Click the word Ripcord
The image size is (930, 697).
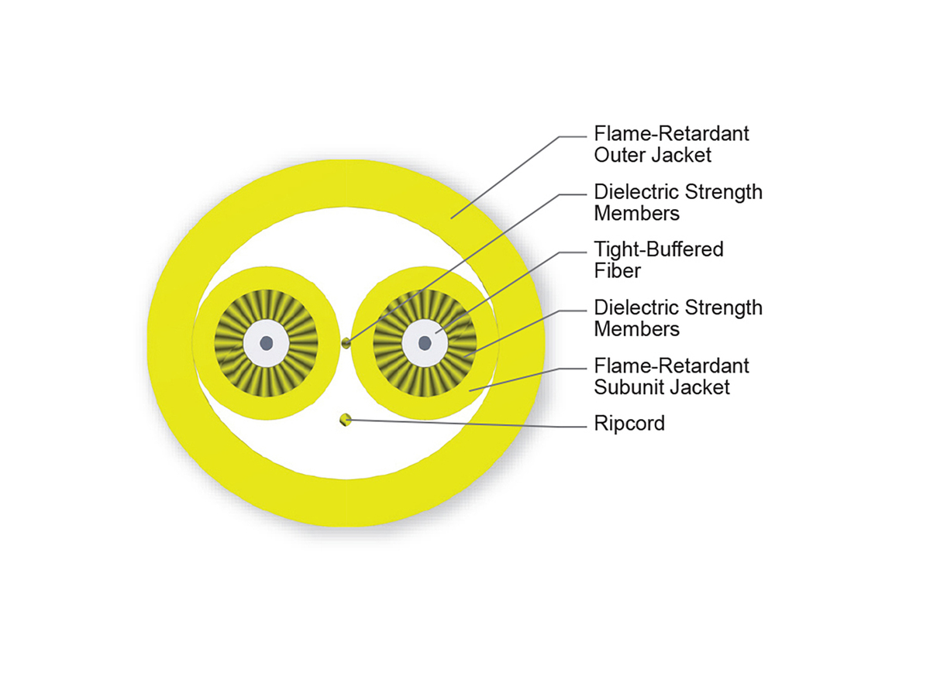coord(629,424)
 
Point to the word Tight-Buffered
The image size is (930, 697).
coord(658,249)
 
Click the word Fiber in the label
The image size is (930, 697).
coord(617,270)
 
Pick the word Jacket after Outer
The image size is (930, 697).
coord(682,154)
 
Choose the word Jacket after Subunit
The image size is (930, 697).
coord(701,386)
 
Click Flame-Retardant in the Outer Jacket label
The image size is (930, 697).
coord(671,133)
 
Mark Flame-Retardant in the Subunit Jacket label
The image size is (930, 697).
coord(671,365)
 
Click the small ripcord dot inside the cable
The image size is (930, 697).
coord(346,420)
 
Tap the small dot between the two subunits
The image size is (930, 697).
coord(346,342)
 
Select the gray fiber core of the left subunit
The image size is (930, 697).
coord(266,342)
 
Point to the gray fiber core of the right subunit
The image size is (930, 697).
coord(425,342)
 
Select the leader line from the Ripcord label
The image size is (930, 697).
coord(465,422)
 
